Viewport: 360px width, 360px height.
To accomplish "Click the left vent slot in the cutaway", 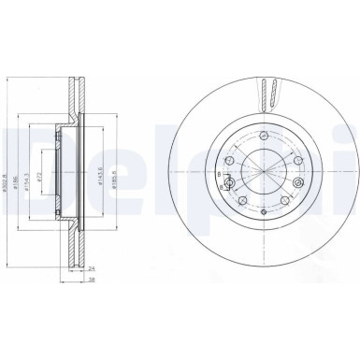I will point(265,94).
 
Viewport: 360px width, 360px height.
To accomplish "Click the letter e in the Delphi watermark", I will point(70,159).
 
